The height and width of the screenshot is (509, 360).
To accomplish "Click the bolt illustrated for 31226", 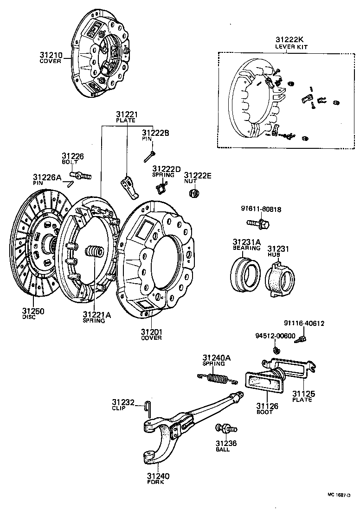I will pyautogui.click(x=81, y=176).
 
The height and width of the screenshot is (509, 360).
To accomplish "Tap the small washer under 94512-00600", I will pyautogui.click(x=277, y=349).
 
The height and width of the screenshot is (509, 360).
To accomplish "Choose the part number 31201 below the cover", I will pyautogui.click(x=152, y=331).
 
